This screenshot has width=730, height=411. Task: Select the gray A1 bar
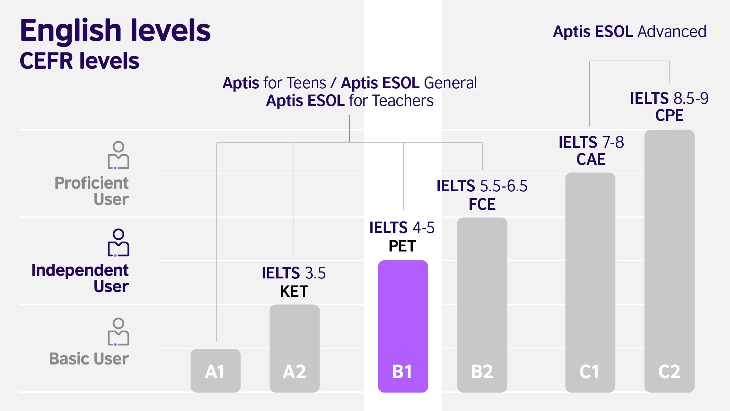[x=215, y=370]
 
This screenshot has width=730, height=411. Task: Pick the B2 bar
[x=482, y=305]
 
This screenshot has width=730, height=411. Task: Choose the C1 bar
[x=590, y=282]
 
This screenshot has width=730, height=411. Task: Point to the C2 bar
[x=669, y=261]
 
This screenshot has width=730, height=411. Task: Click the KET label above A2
[x=294, y=292]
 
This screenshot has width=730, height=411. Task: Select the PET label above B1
[x=402, y=246]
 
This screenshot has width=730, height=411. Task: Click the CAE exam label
[x=591, y=160]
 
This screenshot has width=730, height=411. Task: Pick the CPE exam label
[x=669, y=116]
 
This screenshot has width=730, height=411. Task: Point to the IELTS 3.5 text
[x=294, y=273]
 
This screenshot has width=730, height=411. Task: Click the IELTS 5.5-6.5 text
[x=482, y=186]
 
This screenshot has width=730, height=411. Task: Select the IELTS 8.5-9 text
[x=669, y=99]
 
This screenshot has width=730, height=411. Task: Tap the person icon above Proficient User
[x=118, y=155]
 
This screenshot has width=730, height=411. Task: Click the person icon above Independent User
[x=118, y=243]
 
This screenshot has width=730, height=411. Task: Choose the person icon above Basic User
[x=118, y=332]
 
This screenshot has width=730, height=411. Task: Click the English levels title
[x=115, y=30]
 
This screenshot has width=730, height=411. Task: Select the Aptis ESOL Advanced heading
[x=629, y=32]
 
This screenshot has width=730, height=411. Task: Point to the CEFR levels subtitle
[x=80, y=61]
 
